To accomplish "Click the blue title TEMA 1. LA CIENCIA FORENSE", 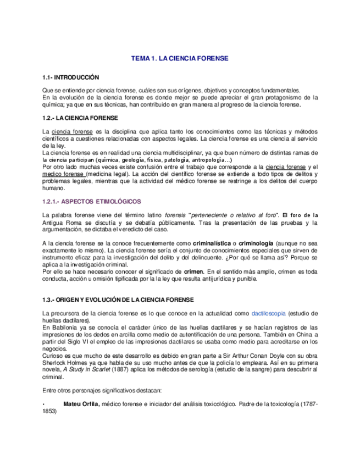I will pyautogui.click(x=179, y=58).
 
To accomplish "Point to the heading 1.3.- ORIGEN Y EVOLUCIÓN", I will pyautogui.click(x=118, y=298).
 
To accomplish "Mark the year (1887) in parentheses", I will pyautogui.click(x=121, y=370).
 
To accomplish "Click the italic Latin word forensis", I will pyautogui.click(x=165, y=214).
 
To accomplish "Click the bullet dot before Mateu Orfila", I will pyautogui.click(x=43, y=404).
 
